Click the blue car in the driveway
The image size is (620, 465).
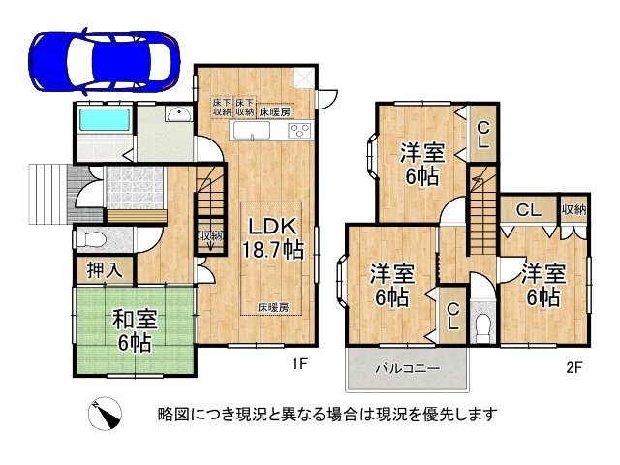106,60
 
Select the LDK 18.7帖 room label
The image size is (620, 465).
276,237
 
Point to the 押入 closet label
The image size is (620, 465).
105,270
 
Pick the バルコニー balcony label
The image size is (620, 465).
408,369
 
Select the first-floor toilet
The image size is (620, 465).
89,238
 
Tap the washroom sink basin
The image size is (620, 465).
175,117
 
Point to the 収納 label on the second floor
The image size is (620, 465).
573,210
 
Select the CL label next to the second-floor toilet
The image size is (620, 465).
452,316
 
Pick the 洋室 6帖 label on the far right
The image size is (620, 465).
542,283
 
